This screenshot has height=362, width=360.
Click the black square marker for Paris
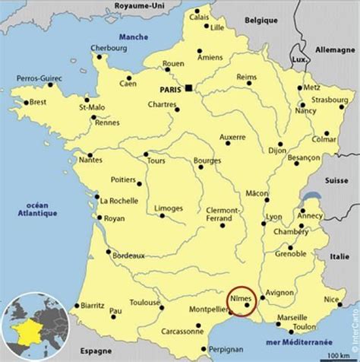pyautogui.click(x=188, y=87)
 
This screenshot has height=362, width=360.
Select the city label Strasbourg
pyautogui.click(x=328, y=98)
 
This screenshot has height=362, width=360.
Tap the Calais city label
pyautogui.click(x=199, y=16)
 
